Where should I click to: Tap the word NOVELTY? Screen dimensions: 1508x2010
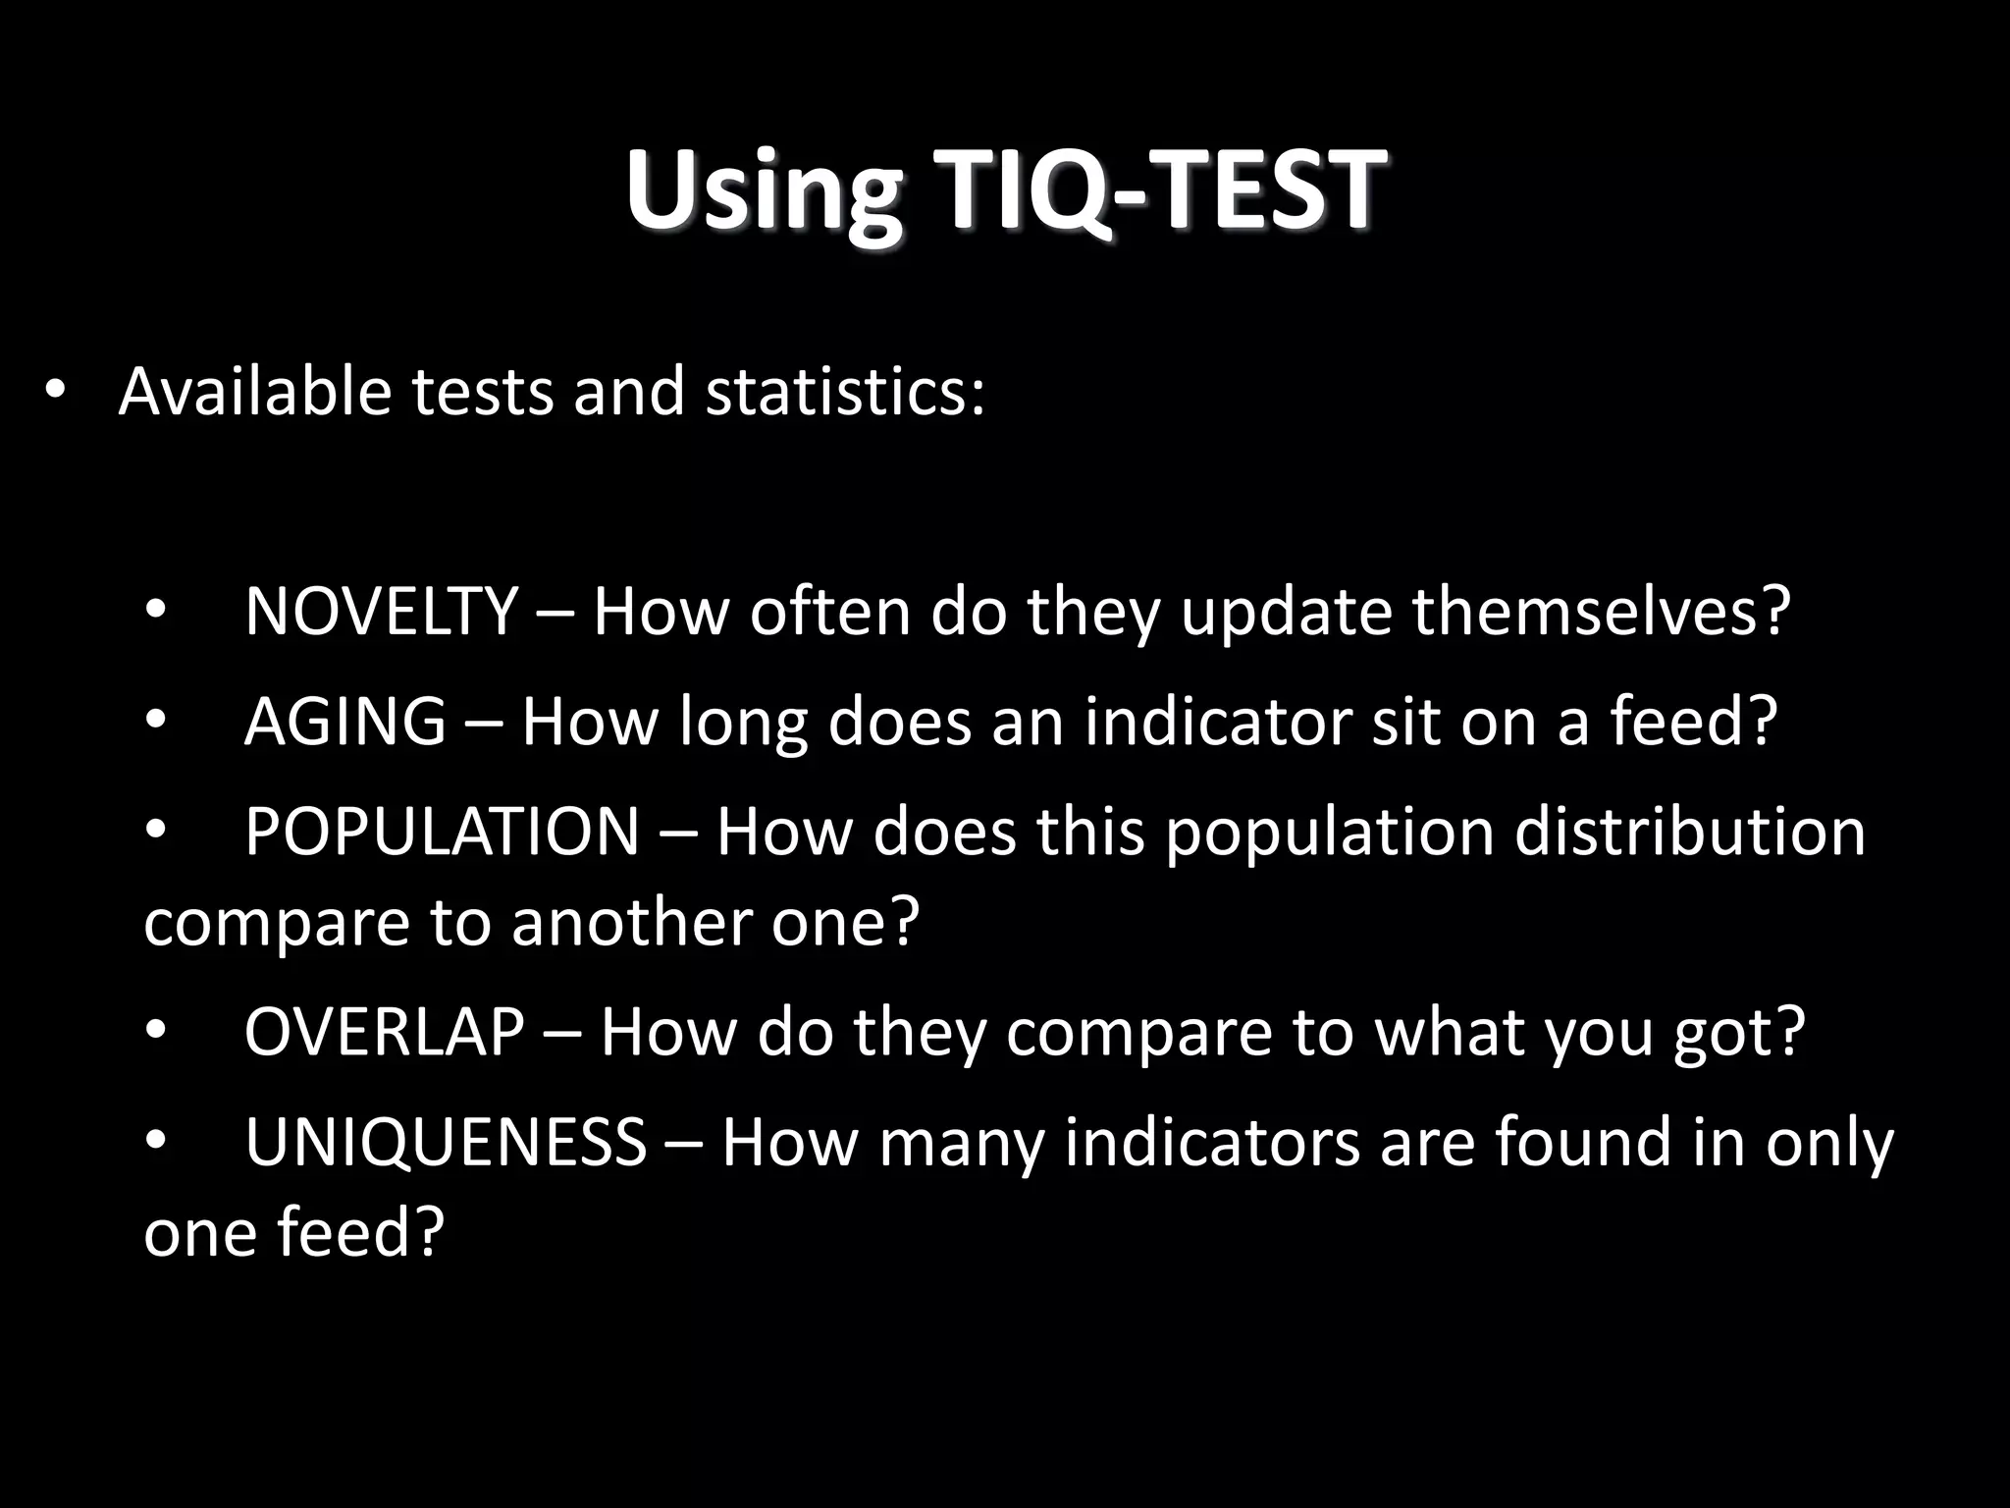point(381,611)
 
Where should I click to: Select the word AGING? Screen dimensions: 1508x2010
point(344,722)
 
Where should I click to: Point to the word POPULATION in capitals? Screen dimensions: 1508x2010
point(442,832)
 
